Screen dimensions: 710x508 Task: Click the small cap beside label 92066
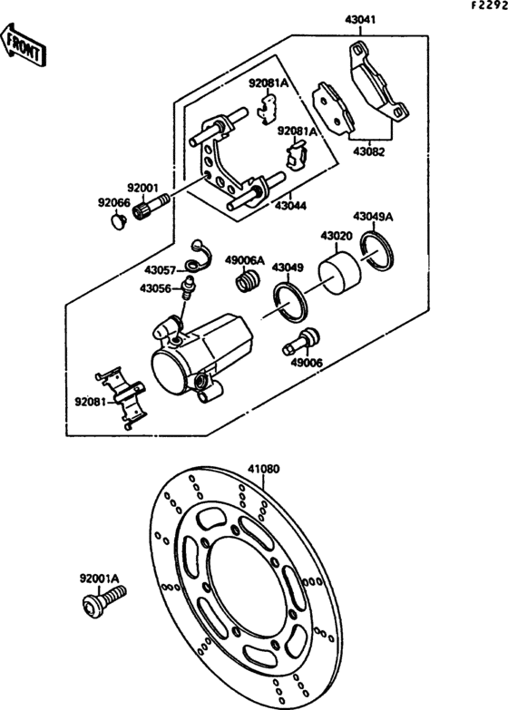coord(117,219)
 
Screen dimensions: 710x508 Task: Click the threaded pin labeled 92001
coord(149,212)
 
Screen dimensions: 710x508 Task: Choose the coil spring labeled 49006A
coord(245,281)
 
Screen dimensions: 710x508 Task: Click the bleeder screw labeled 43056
coord(189,290)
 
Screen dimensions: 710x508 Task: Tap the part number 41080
coord(264,470)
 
